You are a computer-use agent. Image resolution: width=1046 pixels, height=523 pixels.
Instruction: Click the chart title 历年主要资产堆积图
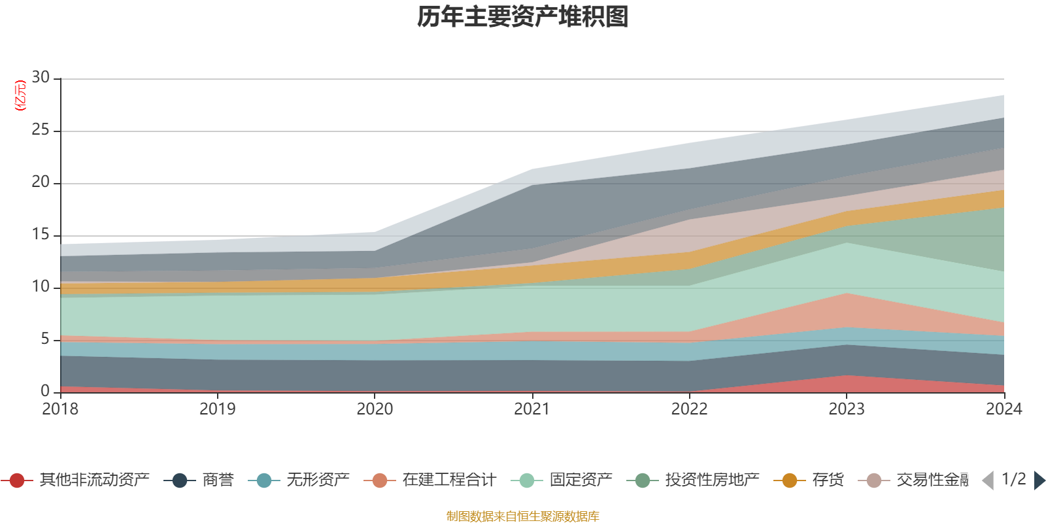[523, 18]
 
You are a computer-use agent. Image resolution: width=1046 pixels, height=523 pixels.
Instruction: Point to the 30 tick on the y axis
[41, 78]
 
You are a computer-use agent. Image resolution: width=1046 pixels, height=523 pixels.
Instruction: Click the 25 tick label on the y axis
[41, 130]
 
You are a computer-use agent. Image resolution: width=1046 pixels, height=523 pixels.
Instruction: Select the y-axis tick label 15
[41, 235]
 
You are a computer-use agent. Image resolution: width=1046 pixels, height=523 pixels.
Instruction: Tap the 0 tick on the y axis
[44, 391]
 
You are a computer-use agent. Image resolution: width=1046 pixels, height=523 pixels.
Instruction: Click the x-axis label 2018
[60, 409]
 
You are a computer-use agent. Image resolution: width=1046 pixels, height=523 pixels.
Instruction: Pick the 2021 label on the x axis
[531, 409]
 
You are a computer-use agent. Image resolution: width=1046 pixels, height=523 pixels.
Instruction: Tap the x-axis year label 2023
[847, 409]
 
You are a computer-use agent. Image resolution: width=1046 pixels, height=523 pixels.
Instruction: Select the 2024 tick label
[1004, 409]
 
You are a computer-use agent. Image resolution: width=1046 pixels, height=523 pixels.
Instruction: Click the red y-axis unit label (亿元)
[20, 95]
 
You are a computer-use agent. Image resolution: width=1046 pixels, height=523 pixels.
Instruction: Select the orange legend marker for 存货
[790, 481]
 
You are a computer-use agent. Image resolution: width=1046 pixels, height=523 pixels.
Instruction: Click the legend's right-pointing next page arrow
[1039, 481]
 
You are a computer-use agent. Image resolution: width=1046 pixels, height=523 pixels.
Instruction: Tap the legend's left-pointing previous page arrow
[988, 481]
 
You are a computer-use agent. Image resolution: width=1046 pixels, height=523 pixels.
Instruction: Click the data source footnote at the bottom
[523, 516]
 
